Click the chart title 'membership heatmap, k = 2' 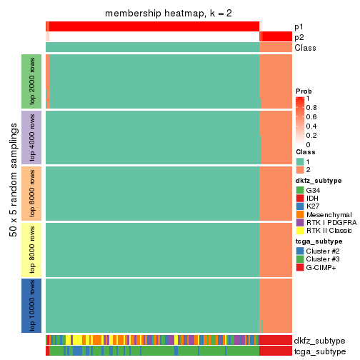click(169, 14)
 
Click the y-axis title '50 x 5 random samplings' click(12, 193)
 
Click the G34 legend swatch click(300, 191)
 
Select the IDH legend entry click(300, 200)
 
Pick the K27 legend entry click(300, 209)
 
